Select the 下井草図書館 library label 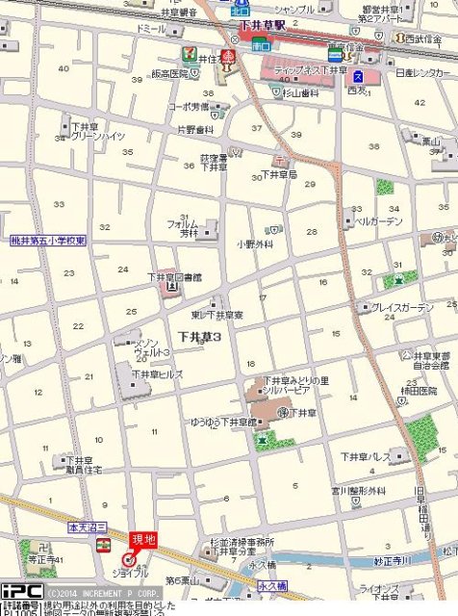(x=175, y=277)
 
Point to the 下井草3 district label (x=200, y=337)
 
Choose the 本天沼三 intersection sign (x=85, y=528)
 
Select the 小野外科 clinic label (x=255, y=244)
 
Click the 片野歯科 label (x=195, y=129)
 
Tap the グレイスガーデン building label (x=402, y=307)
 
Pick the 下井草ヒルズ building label (x=158, y=374)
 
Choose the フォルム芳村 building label (x=183, y=228)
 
